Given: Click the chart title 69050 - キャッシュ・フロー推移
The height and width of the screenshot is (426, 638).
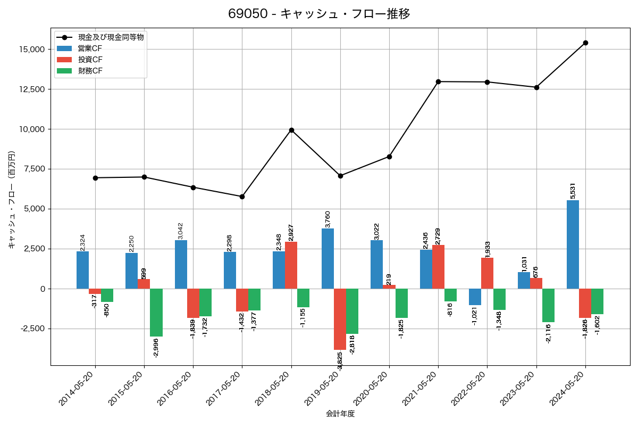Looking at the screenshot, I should [319, 14].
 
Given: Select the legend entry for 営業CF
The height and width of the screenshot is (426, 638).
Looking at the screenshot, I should [90, 48].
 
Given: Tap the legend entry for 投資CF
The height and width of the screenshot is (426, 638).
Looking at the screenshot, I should [90, 60].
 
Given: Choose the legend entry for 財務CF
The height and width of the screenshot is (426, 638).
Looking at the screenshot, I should [90, 71].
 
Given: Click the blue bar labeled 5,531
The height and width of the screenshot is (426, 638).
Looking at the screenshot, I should [573, 244].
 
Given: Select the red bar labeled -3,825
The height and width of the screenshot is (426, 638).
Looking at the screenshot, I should [340, 319].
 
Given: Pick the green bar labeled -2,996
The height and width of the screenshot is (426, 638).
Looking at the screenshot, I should [156, 313].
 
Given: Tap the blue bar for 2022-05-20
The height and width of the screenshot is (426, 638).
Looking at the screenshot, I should [475, 297].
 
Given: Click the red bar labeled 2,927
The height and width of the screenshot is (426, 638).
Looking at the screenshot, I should [291, 265].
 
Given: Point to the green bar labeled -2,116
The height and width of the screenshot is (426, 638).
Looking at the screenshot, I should [548, 305].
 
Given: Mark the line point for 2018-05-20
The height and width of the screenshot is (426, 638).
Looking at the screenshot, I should [291, 130].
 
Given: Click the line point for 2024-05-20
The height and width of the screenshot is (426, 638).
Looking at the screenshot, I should [585, 43].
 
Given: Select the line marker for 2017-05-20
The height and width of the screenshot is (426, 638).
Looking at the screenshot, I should [242, 196].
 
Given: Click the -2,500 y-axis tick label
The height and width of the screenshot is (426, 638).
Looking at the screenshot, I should [31, 329].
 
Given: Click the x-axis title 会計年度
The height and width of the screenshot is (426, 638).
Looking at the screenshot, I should [340, 414].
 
